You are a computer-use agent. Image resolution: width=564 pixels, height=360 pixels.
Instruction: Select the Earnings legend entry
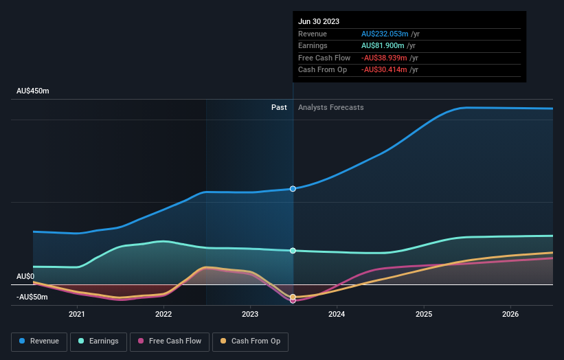coord(98,341)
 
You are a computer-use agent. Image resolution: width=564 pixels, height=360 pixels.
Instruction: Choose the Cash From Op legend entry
coord(251,341)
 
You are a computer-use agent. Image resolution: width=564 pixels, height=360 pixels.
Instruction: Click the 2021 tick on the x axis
coord(77,314)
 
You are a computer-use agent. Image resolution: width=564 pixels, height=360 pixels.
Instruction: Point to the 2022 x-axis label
coord(163,314)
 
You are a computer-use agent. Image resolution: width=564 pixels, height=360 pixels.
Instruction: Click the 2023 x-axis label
coord(250,314)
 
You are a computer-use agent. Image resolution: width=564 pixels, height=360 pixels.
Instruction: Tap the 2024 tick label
coord(337,314)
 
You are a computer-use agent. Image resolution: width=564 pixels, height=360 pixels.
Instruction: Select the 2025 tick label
coord(424,314)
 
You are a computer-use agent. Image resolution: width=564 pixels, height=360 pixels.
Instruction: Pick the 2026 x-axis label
coord(510,314)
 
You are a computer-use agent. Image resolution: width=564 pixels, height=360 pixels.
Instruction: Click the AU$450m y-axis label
coord(33,91)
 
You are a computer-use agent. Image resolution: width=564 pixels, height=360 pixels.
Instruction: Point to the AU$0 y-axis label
coord(25,276)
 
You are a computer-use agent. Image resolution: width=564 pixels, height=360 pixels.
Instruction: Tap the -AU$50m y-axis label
coord(32,297)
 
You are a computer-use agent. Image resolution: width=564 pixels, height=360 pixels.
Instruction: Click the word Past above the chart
coord(279,107)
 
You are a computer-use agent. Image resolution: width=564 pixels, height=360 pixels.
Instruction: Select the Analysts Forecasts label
coord(330,107)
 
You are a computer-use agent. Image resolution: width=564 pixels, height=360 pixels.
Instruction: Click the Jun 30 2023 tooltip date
coord(319,21)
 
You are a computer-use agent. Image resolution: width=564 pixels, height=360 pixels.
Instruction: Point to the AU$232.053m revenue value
coord(385,34)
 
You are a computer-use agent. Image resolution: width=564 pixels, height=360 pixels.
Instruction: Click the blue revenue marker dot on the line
coord(293,188)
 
